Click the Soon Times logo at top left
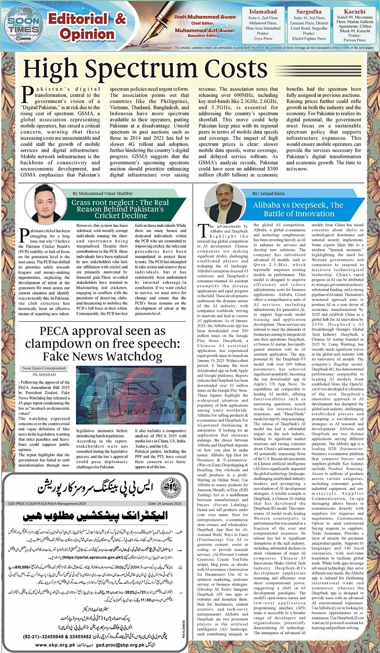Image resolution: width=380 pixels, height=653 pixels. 20,25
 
